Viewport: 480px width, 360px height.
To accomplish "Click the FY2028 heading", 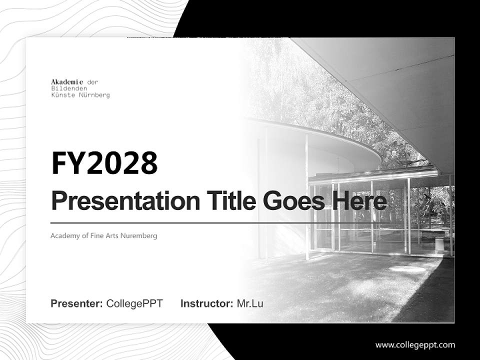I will point(104,163).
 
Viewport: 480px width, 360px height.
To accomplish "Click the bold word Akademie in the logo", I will point(67,81).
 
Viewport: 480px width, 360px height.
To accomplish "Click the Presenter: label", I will point(77,303).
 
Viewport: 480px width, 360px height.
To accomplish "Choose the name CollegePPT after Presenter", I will point(134,303).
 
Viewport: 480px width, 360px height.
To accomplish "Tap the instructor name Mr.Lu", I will point(250,303).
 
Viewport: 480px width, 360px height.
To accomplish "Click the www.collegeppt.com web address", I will point(415,344).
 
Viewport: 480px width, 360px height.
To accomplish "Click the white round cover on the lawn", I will point(407,268).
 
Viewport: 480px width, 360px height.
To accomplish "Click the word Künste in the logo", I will point(63,95).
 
